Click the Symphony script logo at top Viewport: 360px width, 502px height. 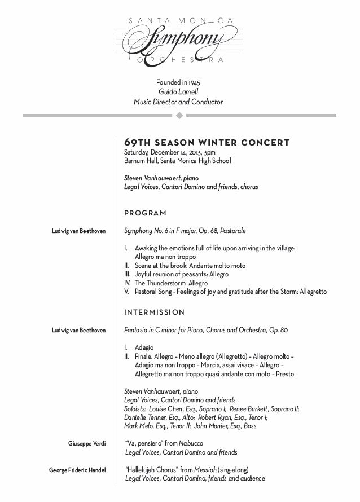[x=179, y=40]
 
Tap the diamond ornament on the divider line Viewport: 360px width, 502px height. [x=179, y=116]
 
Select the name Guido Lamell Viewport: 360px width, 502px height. [x=178, y=92]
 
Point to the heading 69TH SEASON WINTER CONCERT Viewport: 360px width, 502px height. [x=207, y=142]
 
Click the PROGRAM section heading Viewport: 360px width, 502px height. [x=145, y=213]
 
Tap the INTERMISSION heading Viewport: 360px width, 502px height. [x=154, y=312]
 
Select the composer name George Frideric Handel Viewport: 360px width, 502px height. [x=77, y=469]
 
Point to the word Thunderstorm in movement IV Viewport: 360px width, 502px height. [x=168, y=283]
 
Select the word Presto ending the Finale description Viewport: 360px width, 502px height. [x=283, y=373]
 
